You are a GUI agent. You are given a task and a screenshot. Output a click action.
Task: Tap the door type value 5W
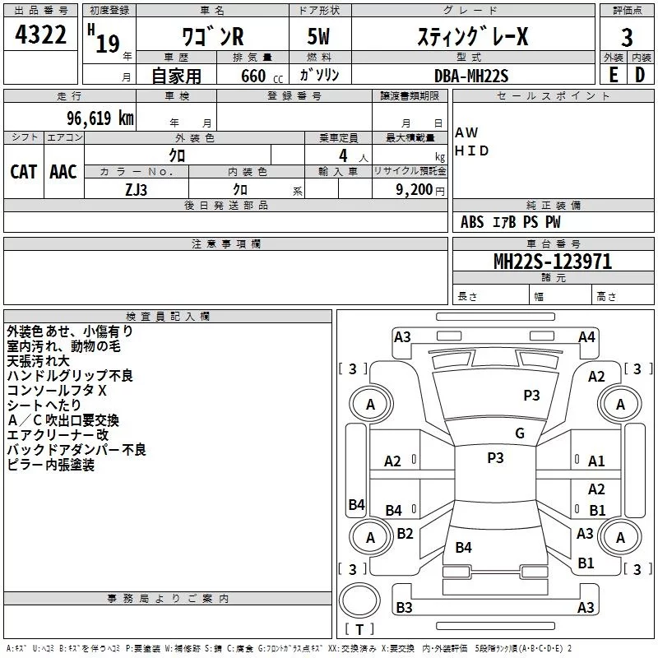320,37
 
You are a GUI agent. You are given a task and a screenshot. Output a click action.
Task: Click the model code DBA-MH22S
471,76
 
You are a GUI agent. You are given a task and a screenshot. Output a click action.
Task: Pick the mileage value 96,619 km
95,118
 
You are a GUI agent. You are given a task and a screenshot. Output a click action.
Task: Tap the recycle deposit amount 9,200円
419,188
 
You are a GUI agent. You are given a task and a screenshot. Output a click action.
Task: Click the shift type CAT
23,171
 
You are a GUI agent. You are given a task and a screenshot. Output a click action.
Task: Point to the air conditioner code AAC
63,171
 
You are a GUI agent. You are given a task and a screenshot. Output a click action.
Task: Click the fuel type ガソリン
319,76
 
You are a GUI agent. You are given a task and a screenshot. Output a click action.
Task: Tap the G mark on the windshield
520,433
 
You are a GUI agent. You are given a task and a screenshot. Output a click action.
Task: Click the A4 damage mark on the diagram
586,336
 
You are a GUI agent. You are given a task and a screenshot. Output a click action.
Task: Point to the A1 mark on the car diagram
596,461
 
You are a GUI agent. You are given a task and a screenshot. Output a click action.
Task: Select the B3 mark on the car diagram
404,608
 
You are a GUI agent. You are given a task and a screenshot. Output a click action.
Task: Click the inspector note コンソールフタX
57,390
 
